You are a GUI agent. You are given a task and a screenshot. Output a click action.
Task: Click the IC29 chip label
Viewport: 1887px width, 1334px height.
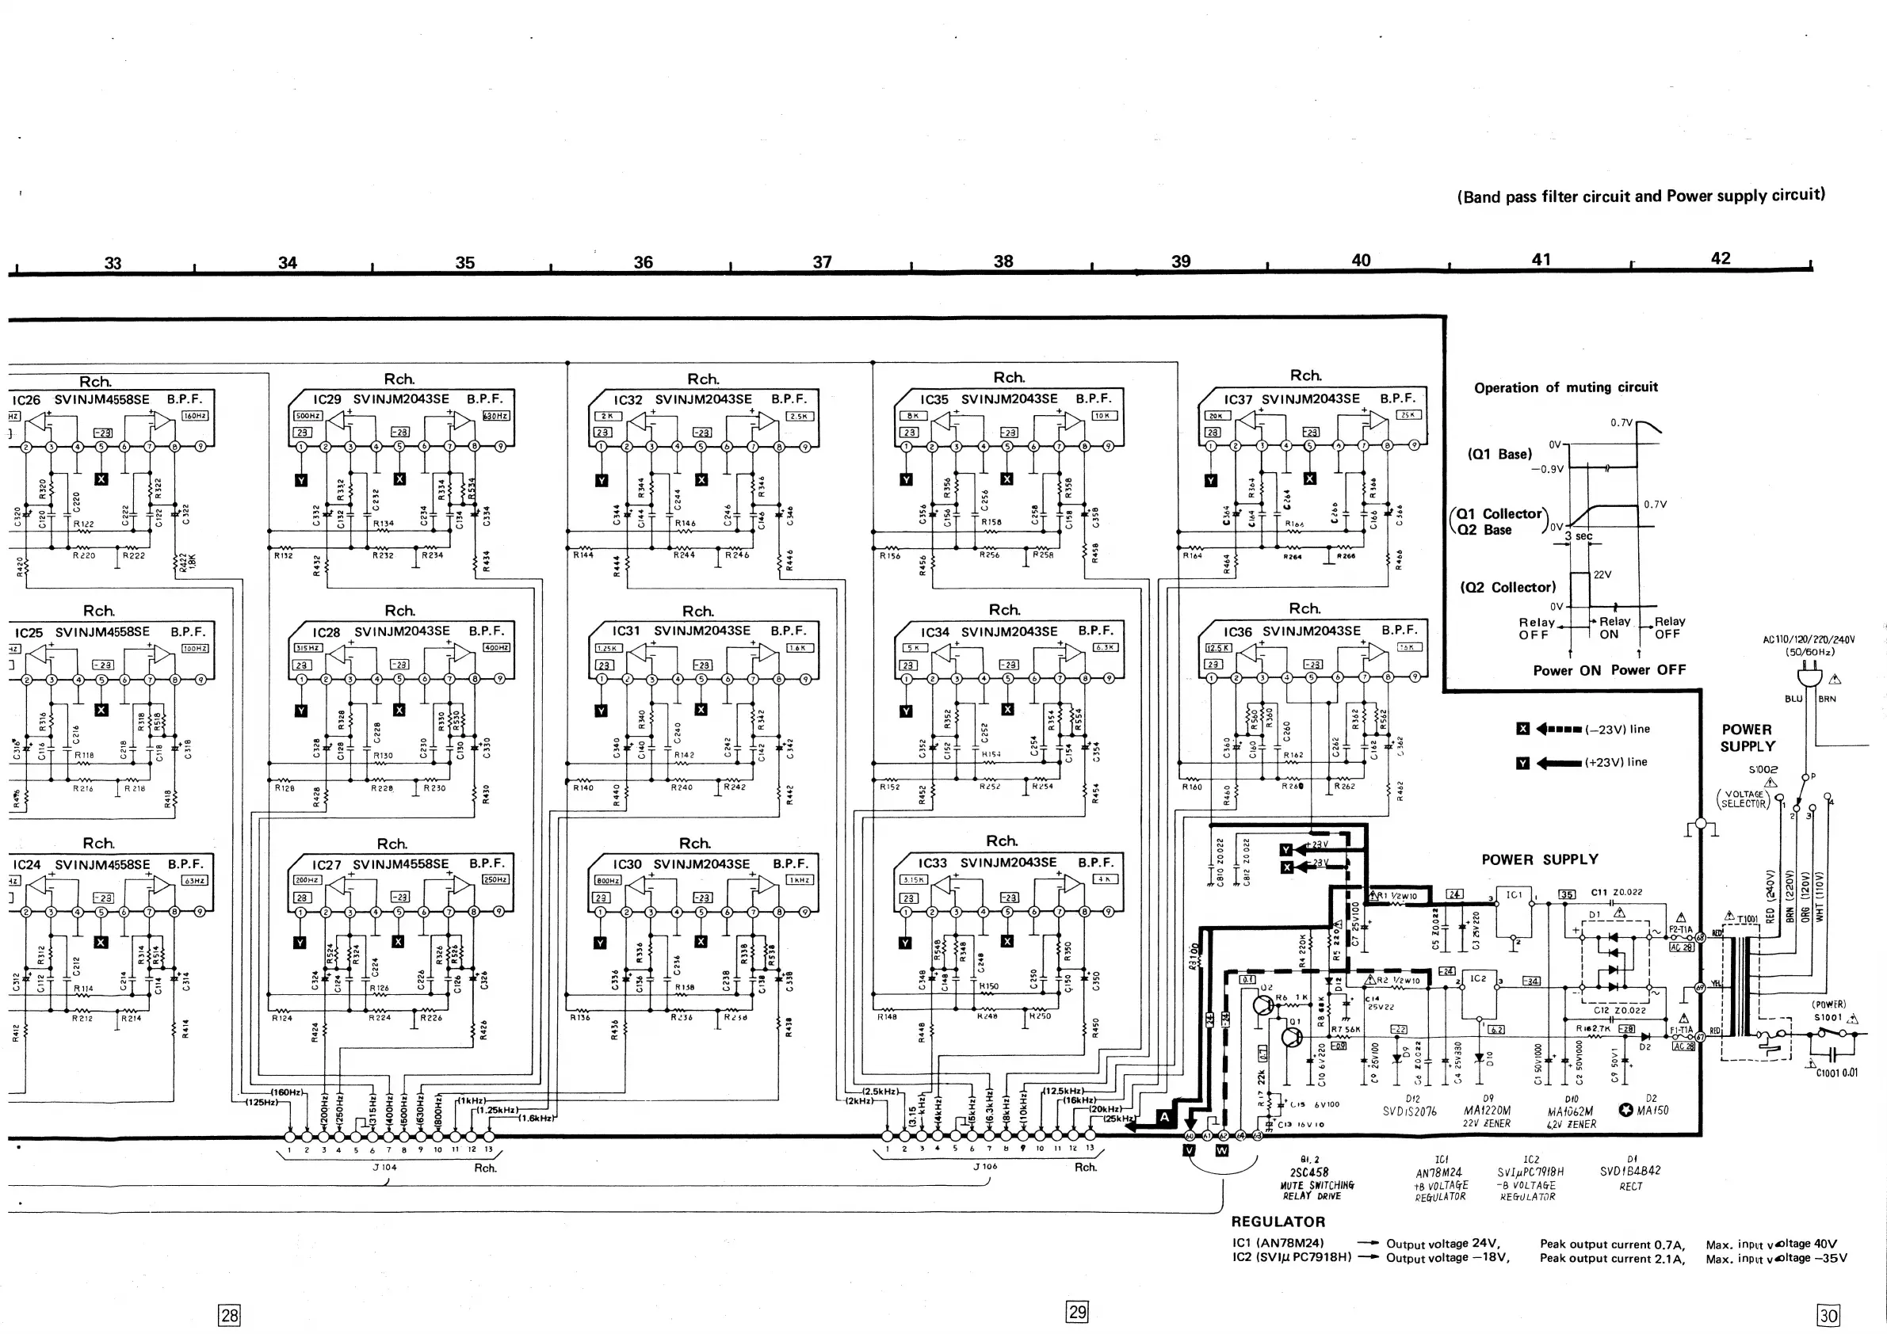coord(327,399)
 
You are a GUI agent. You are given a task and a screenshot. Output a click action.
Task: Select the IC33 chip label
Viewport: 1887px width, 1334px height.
coord(932,863)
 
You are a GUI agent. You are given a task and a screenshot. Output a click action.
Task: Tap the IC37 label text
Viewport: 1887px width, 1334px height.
coord(1238,399)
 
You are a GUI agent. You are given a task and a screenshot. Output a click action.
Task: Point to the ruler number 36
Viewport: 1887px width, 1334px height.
coord(643,262)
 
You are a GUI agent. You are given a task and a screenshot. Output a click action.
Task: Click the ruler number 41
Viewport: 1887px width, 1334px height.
coord(1541,260)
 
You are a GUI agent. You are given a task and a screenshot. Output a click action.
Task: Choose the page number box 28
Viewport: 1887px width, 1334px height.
coord(229,1315)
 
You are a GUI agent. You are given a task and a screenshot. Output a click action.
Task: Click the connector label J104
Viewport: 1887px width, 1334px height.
coord(384,1168)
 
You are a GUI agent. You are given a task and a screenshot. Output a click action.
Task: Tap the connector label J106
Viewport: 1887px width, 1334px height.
coord(984,1166)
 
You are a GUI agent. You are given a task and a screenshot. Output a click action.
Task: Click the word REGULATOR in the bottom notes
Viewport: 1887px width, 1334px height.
coord(1278,1222)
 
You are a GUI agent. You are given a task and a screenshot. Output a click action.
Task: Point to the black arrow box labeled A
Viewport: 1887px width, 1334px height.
coord(1163,1117)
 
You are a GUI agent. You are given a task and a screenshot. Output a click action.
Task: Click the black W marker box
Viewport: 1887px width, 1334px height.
coord(1221,1151)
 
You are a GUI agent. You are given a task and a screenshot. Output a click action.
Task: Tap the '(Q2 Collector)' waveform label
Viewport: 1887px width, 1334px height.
coord(1507,587)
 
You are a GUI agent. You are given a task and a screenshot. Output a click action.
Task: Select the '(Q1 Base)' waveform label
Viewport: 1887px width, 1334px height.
coord(1500,454)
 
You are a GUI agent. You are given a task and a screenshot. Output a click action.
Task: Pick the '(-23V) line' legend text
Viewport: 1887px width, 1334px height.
coord(1617,730)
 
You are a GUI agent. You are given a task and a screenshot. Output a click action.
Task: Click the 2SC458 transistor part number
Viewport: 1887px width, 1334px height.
coord(1309,1172)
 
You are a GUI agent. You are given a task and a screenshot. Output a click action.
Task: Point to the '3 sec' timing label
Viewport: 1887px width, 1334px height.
coord(1578,536)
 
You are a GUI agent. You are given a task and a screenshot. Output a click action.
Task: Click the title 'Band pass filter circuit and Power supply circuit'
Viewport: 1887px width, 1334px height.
coord(1641,196)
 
